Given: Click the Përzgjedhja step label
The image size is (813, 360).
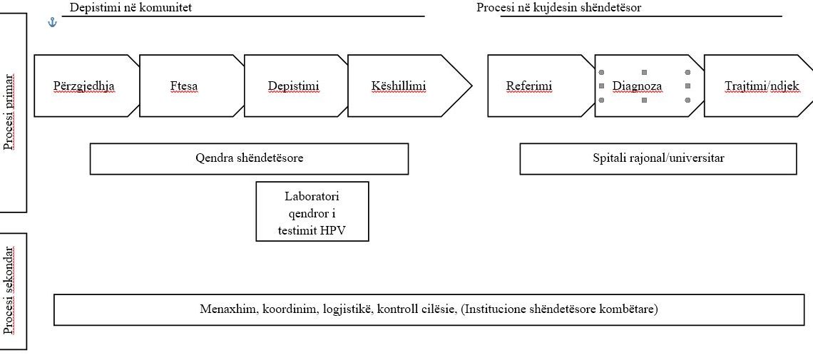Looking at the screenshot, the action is pyautogui.click(x=84, y=86).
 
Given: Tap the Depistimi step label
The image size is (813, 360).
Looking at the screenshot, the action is pyautogui.click(x=294, y=86).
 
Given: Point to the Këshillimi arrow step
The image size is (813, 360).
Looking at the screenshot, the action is pyautogui.click(x=409, y=86).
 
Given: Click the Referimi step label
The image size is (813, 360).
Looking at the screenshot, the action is pyautogui.click(x=529, y=86).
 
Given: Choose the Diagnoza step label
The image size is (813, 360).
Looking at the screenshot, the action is pyautogui.click(x=637, y=86).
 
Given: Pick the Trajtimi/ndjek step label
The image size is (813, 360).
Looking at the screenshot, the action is pyautogui.click(x=762, y=86).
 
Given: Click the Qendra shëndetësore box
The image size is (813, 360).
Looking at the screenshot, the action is pyautogui.click(x=249, y=158).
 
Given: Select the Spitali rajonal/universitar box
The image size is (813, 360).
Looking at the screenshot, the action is pyautogui.click(x=658, y=158).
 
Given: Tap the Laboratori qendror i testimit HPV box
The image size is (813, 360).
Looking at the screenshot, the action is pyautogui.click(x=312, y=211).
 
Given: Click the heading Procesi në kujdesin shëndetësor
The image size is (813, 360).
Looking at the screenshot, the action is pyautogui.click(x=559, y=8).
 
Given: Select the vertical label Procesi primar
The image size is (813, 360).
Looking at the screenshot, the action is pyautogui.click(x=9, y=112).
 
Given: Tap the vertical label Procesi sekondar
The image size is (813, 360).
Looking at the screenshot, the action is pyautogui.click(x=9, y=291).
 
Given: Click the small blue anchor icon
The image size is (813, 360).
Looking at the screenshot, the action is pyautogui.click(x=52, y=22).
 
